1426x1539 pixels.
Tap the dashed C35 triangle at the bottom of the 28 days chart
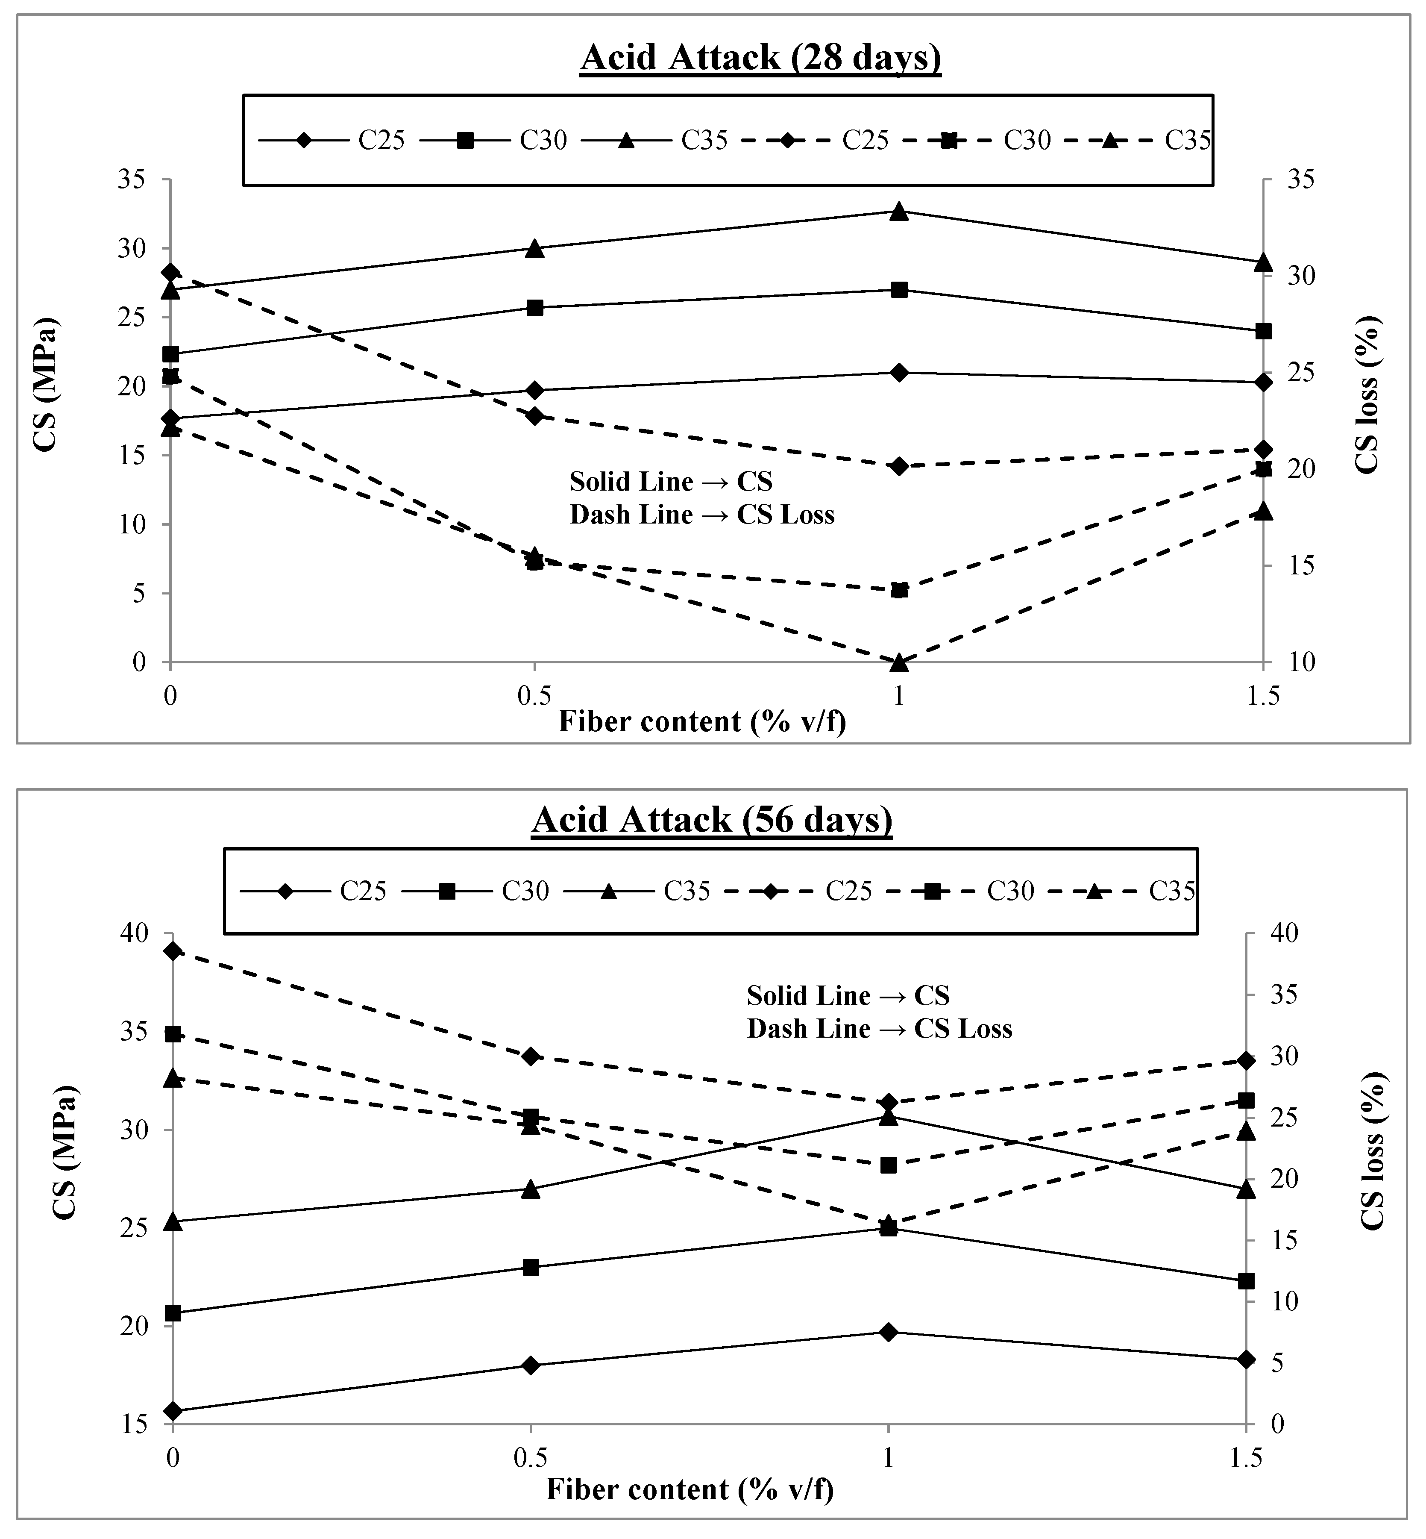(898, 662)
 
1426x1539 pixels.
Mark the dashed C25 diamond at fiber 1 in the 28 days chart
(898, 465)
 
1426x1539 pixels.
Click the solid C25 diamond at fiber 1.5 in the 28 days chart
(1262, 382)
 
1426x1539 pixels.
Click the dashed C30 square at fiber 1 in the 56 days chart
(888, 1165)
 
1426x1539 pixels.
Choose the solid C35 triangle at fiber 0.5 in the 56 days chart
(530, 1189)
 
